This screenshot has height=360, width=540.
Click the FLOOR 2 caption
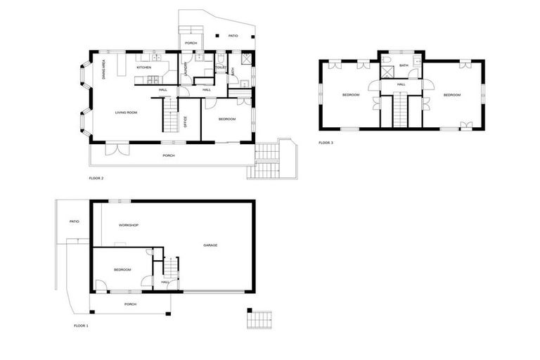click(96, 178)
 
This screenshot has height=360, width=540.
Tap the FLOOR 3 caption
click(326, 143)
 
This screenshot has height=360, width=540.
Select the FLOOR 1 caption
click(81, 326)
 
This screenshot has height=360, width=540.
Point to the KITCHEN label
click(143, 67)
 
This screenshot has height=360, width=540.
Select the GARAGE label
click(210, 245)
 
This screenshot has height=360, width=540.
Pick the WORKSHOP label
click(128, 225)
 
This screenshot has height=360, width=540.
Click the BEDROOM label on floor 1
click(122, 269)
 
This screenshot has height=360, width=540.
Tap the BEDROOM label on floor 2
click(226, 119)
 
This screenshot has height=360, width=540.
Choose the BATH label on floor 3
click(404, 65)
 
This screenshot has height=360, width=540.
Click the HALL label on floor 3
click(401, 84)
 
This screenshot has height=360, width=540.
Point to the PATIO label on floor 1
click(74, 221)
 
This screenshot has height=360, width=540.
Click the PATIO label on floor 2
click(233, 36)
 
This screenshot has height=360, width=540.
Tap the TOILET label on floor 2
click(220, 67)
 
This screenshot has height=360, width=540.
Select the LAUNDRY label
click(186, 68)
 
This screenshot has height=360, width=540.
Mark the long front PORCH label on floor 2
click(168, 155)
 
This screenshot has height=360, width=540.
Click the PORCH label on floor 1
click(130, 304)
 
